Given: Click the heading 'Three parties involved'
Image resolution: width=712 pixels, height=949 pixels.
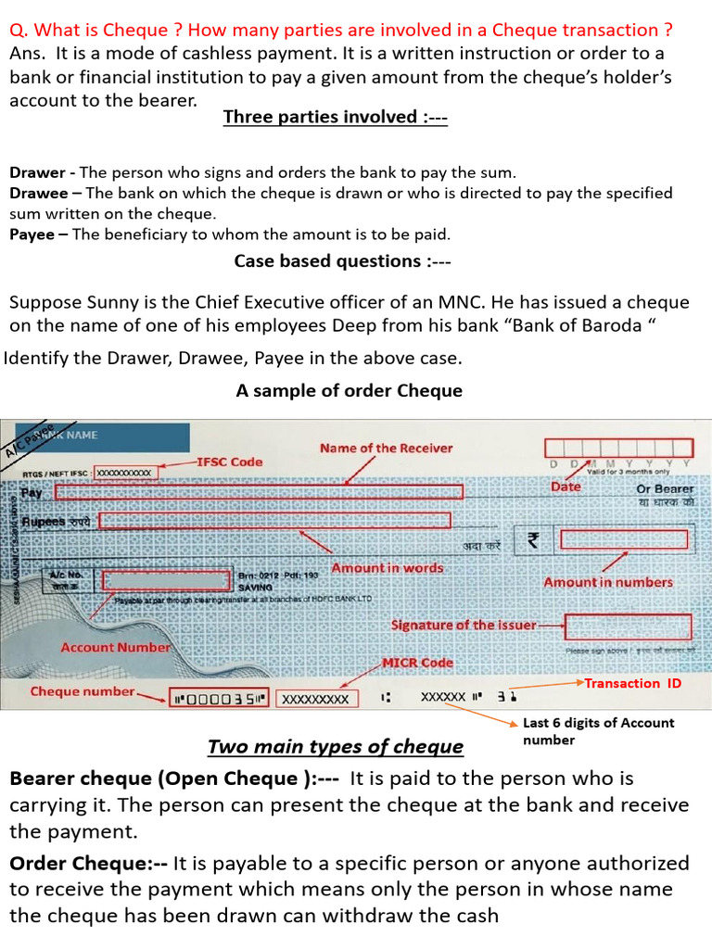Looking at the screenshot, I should click(336, 117).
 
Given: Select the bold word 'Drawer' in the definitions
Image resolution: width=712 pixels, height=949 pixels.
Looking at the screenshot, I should click(37, 172).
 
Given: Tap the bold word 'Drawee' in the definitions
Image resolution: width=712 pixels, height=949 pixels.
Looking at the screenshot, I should click(38, 193).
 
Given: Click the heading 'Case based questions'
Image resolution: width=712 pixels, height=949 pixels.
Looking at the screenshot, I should click(342, 261).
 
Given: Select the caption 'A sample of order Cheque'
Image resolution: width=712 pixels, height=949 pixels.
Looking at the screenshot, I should click(349, 391).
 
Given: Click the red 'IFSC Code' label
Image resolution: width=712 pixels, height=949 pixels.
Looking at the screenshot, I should click(229, 462).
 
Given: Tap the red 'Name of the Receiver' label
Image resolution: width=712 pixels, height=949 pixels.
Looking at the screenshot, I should click(386, 449).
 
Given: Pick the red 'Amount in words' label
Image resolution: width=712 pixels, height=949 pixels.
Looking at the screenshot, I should click(388, 567).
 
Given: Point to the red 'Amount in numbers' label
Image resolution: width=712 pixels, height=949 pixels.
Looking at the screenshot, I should click(607, 582).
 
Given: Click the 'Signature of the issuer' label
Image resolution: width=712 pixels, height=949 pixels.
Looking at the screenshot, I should click(464, 625).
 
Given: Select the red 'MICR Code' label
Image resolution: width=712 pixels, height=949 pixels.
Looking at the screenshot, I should click(418, 663).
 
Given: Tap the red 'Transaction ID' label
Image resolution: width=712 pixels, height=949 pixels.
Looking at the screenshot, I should click(634, 683).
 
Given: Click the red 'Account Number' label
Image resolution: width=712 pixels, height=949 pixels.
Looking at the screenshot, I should click(115, 647).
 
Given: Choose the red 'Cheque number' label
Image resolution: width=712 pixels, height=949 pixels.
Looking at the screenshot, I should click(83, 691).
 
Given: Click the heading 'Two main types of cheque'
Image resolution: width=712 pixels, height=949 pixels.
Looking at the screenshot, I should click(336, 747).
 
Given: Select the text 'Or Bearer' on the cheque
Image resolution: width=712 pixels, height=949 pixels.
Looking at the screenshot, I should click(664, 488).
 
